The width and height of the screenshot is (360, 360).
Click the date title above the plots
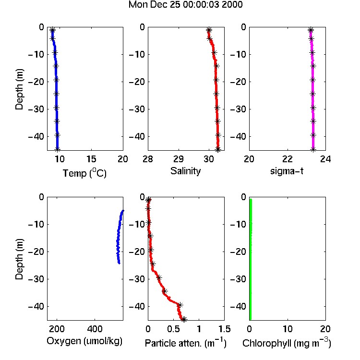point(185,5)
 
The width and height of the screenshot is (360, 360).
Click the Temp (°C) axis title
point(84,173)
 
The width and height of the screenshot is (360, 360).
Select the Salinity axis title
point(185,171)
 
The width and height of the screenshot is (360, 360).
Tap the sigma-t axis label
point(287,171)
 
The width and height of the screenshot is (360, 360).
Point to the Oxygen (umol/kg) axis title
point(84,341)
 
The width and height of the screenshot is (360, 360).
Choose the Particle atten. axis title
point(186,343)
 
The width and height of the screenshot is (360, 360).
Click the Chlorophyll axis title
point(287,343)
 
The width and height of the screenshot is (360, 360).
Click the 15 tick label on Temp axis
point(91,159)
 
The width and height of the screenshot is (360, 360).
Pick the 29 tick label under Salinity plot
point(179,159)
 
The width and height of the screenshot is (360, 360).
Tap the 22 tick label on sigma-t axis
point(288,159)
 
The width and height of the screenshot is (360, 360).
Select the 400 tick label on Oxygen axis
point(95,329)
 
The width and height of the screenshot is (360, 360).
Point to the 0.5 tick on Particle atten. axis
point(173,329)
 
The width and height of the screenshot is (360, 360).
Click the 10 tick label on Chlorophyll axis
point(288,329)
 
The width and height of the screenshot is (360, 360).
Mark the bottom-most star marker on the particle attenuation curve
point(184,319)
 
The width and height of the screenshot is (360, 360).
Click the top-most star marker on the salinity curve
point(209,30)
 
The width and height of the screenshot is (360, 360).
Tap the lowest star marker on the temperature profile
point(58,149)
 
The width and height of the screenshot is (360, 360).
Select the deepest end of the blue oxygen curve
point(119,264)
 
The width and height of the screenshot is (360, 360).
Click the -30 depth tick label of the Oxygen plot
point(36,279)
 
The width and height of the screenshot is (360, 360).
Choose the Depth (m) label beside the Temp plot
point(19,89)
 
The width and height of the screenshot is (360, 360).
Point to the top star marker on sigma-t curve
point(311,30)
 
